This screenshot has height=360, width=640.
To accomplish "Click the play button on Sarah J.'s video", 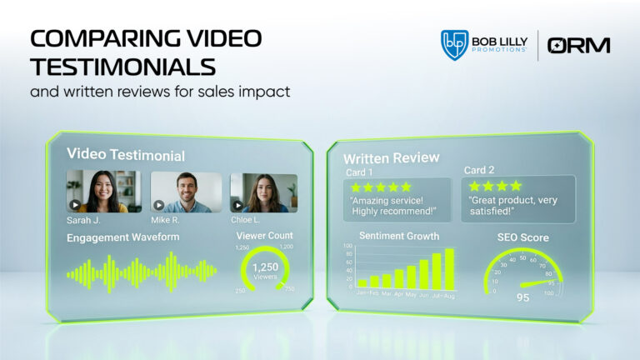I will tap(75, 205).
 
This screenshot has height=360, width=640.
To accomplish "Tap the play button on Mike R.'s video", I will tap(157, 205).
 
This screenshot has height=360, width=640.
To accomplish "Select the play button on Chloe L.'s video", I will tap(238, 205).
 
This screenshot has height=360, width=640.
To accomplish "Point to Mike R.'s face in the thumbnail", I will tap(186, 184).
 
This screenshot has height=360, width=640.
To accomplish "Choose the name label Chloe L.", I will tap(246, 221).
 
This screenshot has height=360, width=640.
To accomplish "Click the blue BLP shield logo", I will tap(454, 45).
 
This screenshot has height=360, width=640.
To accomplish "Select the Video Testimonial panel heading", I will tap(126, 155).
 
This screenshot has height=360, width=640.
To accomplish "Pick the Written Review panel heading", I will tap(391, 158).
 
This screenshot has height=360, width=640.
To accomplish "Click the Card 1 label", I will tap(361, 172).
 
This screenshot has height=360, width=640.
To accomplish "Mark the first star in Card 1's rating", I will tap(357, 187).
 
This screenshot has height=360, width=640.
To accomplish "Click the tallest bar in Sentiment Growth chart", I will tap(449, 268).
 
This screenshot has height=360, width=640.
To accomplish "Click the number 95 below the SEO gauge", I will tap(522, 297).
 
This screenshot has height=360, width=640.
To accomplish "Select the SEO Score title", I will tap(523, 237).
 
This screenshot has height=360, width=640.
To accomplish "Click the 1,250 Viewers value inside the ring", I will tap(264, 267).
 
